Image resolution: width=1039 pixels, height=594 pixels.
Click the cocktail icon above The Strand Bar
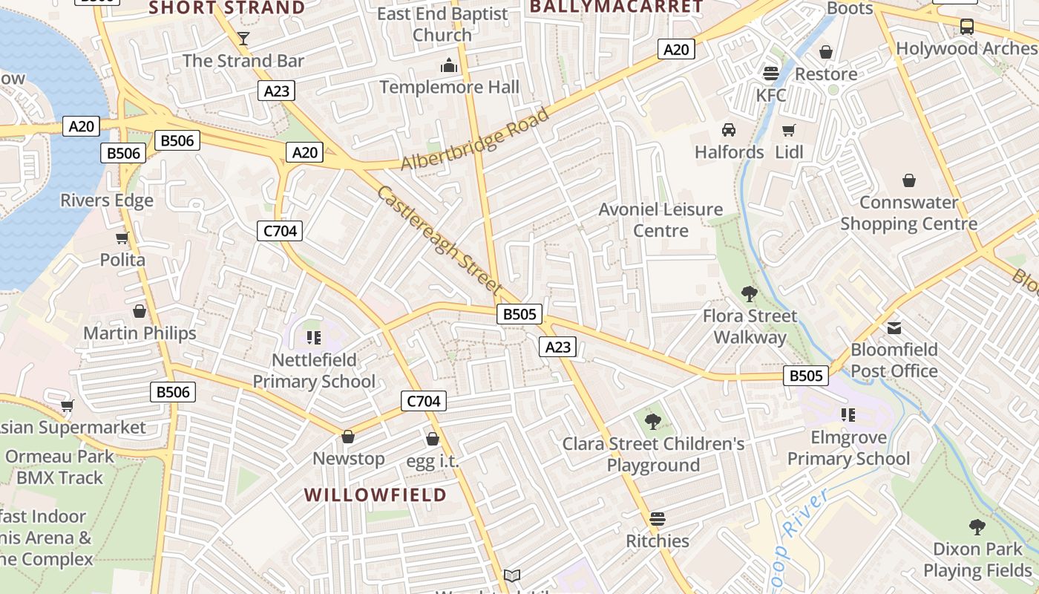point(243,38)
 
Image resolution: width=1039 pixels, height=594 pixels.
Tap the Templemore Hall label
point(449,87)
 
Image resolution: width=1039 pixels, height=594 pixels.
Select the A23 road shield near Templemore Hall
point(277,91)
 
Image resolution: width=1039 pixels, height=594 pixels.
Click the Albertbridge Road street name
point(475,139)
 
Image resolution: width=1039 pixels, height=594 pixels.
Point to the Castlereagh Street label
point(440,239)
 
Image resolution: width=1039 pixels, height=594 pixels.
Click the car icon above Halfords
point(729,130)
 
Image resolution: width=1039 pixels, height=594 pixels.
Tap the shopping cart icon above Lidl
point(788,130)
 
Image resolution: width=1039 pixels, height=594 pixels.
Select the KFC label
point(771,95)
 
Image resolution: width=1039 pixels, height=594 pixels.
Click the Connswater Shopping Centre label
point(908,213)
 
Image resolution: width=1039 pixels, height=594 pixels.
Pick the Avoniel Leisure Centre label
point(661,220)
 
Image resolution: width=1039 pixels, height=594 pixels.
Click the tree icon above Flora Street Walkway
point(750,294)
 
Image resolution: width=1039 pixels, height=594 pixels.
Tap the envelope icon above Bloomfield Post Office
point(894,327)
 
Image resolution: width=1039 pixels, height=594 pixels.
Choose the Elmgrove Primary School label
point(848,448)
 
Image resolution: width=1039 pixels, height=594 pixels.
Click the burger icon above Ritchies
point(658,518)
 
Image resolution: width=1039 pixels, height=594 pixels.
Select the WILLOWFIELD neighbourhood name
point(376,495)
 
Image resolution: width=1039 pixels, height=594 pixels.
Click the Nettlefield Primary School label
point(314,371)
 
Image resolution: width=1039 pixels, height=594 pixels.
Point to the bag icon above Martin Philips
point(140,311)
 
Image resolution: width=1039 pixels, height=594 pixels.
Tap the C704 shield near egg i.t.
point(424,401)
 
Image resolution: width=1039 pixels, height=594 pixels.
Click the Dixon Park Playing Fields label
point(977,560)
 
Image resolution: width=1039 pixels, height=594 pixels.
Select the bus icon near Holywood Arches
point(966,27)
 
